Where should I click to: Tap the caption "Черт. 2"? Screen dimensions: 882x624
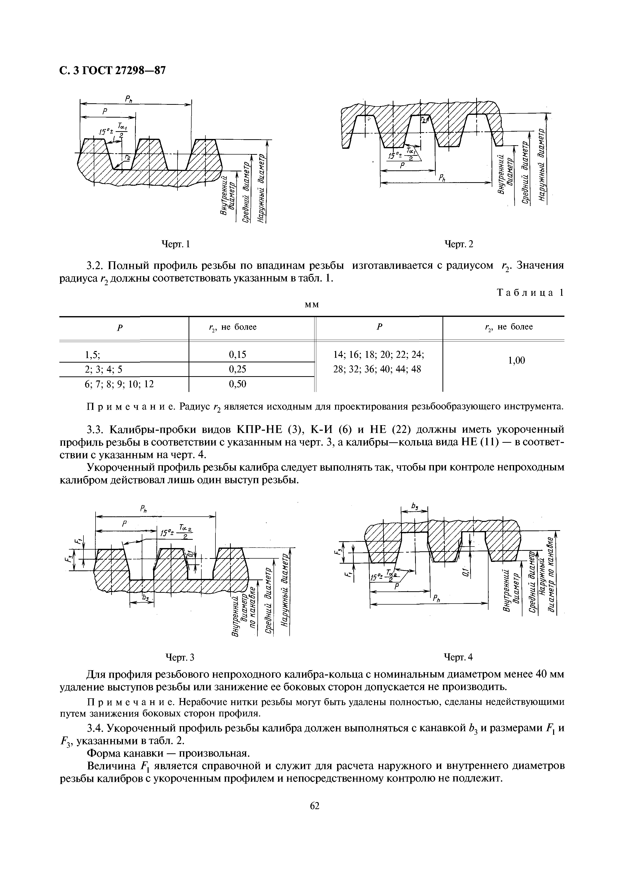pos(458,244)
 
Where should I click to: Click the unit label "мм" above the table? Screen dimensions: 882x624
pos(311,305)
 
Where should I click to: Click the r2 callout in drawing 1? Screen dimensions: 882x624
pos(127,157)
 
